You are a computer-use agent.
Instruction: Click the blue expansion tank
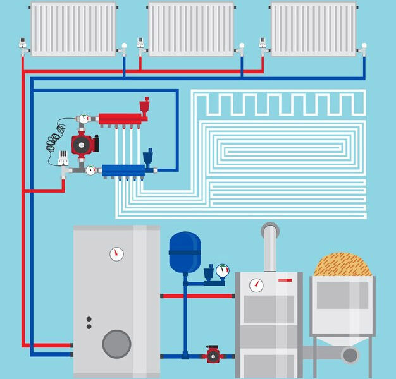[184, 252]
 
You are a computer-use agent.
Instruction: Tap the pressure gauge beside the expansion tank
[221, 271]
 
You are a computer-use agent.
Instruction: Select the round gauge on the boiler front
[256, 285]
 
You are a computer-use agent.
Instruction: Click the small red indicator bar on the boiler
[285, 279]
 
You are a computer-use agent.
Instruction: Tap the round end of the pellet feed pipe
[350, 355]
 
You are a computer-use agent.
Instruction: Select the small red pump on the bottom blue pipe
[212, 354]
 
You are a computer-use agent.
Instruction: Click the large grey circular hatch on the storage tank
[116, 344]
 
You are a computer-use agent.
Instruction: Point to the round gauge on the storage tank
[116, 254]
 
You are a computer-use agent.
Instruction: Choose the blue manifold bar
[123, 170]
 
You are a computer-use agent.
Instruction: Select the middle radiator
[190, 28]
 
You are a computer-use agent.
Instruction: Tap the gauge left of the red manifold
[83, 118]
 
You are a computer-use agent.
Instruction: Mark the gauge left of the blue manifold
[90, 169]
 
